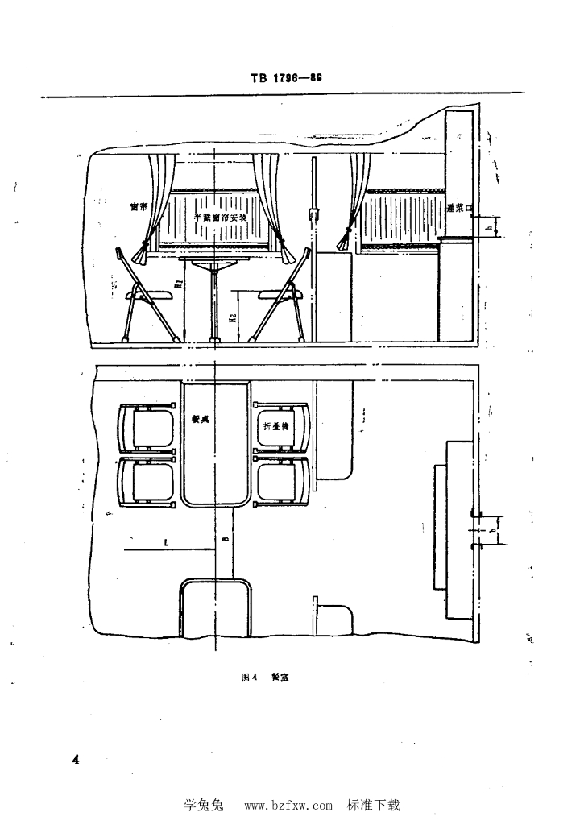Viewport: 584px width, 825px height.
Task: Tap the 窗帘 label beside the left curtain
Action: click(x=138, y=206)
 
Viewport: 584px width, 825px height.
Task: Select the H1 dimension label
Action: click(x=176, y=284)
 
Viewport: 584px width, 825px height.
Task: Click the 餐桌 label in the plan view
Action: click(x=201, y=419)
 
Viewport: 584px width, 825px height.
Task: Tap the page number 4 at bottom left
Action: click(x=76, y=759)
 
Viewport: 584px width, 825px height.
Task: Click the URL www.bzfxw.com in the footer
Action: click(x=288, y=805)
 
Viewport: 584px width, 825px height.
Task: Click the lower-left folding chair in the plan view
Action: click(x=148, y=482)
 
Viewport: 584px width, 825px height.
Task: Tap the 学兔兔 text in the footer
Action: click(x=209, y=804)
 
